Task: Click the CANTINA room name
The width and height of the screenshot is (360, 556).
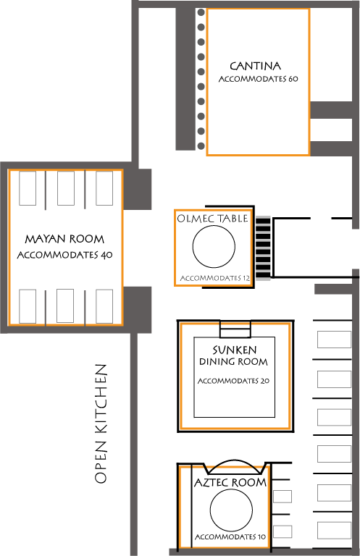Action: tap(255, 66)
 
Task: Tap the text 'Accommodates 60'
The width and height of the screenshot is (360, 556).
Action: tap(258, 79)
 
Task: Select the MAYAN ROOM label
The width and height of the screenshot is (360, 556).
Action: tap(64, 239)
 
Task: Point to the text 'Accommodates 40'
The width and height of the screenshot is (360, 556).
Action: tap(65, 255)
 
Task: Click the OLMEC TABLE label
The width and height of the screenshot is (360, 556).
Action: tap(212, 219)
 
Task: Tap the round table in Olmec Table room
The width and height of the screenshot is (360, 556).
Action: tap(214, 246)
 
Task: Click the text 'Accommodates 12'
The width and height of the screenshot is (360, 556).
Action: tap(215, 278)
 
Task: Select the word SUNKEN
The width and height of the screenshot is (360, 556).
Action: tap(235, 350)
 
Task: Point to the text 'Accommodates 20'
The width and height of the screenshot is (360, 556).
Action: tap(233, 381)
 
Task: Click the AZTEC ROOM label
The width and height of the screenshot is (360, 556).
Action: tap(230, 482)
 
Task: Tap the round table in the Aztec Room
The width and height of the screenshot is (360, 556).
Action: tap(231, 510)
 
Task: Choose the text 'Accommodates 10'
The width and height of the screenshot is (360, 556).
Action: tap(230, 537)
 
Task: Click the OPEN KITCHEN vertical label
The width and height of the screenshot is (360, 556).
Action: tap(101, 424)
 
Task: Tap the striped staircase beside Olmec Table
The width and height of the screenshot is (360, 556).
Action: tap(263, 248)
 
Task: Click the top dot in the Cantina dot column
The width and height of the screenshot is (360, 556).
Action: tap(201, 12)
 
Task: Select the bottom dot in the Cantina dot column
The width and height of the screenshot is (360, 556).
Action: tap(201, 146)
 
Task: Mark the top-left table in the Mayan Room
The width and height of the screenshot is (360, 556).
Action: tap(28, 188)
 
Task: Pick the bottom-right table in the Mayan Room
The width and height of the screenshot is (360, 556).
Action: tap(104, 306)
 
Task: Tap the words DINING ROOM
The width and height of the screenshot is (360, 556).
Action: tap(233, 362)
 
